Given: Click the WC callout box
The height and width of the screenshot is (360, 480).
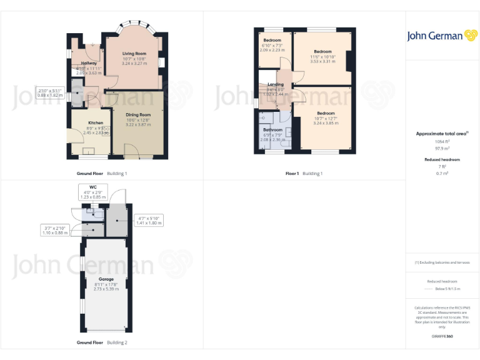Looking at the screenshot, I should pyautogui.click(x=92, y=192).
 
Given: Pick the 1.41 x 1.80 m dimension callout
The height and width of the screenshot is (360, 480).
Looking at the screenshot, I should pyautogui.click(x=148, y=220).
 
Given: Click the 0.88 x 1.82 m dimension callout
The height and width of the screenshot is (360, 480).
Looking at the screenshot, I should pyautogui.click(x=50, y=93).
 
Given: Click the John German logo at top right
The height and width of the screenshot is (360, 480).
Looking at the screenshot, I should pyautogui.click(x=442, y=36).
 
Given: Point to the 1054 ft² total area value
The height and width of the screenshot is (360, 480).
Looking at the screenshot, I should pyautogui.click(x=442, y=142).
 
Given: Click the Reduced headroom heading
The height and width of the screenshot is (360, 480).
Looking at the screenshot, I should pyautogui.click(x=442, y=159).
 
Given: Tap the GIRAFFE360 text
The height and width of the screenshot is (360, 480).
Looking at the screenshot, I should pyautogui.click(x=442, y=337).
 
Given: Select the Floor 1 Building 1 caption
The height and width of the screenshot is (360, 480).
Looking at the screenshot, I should pyautogui.click(x=304, y=173).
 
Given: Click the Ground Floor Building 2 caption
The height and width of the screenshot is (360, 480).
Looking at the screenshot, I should pyautogui.click(x=102, y=342).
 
